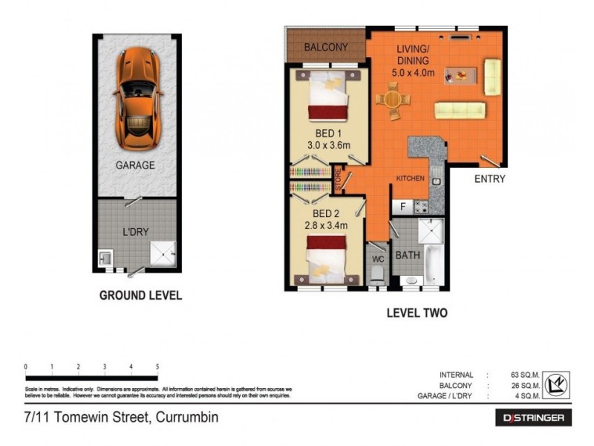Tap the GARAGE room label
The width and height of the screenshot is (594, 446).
134,166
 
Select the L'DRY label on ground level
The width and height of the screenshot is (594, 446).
136,232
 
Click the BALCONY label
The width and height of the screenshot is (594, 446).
325,48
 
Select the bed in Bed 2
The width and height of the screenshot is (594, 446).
327,256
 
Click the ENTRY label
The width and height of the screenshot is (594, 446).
490,179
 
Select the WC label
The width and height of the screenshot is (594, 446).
376,260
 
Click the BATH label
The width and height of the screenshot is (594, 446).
408,255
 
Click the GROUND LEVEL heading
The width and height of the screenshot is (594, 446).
140,295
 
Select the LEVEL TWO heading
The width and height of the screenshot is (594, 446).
417,313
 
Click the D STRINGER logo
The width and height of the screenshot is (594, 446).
533,418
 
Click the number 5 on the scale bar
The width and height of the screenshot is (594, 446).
157,366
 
